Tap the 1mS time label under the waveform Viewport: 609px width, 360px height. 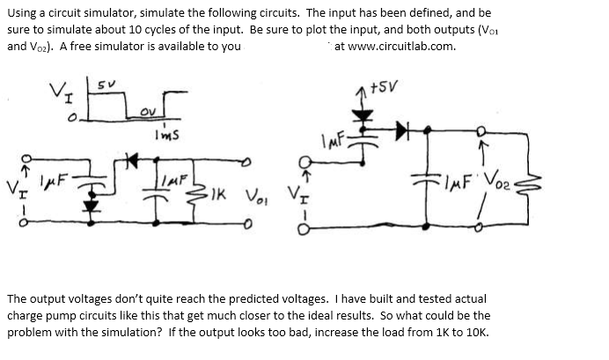coord(166,134)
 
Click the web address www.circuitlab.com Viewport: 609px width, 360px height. coord(395,46)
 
